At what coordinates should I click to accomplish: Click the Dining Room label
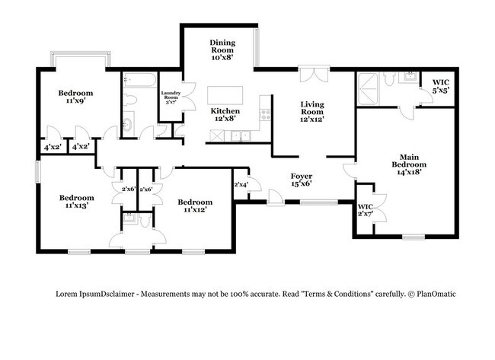[222, 49]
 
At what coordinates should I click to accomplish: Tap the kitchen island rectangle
[225, 95]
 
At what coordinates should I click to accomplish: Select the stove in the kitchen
[265, 114]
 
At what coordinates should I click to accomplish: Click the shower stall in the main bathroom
[368, 88]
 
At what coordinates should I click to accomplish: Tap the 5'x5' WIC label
[441, 86]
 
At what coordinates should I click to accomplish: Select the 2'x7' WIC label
[366, 210]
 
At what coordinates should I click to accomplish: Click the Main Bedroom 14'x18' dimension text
[409, 172]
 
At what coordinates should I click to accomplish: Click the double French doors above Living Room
[314, 75]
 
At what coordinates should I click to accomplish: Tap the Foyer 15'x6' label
[302, 180]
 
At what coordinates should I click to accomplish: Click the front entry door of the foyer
[275, 198]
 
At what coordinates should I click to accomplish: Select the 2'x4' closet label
[241, 185]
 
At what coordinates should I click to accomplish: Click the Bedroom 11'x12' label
[195, 205]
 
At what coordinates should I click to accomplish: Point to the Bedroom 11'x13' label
[77, 202]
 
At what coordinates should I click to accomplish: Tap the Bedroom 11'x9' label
[75, 97]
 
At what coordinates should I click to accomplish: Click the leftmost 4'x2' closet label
[53, 147]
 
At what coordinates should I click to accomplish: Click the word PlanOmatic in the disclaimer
[436, 294]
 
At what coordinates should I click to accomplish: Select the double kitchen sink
[241, 136]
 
